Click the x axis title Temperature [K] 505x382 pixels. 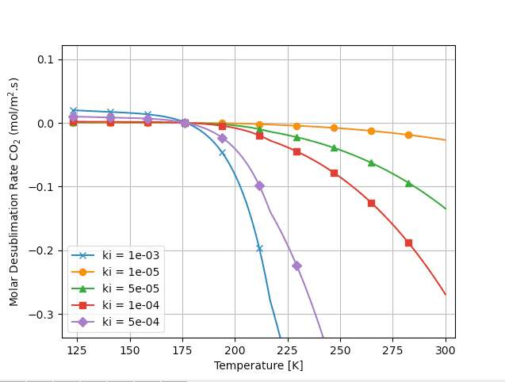coord(258,365)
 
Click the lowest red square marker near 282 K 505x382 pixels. coord(408,243)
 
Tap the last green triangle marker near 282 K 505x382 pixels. coord(408,183)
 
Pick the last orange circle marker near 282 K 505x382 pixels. coord(408,135)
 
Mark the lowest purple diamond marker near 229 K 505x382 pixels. coord(296,265)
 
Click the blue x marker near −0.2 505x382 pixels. coord(259,248)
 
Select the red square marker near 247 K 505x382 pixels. coord(334,173)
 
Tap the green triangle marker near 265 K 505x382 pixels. coord(371,162)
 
